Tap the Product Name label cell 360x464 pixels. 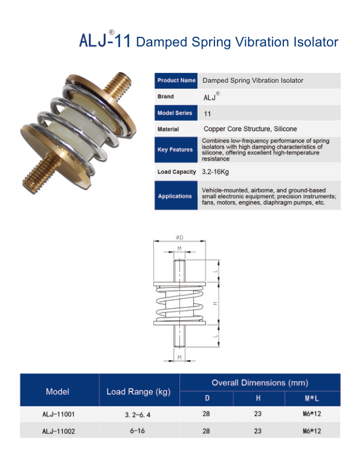coord(176,80)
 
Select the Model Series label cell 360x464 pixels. coord(176,113)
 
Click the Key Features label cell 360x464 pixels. coord(176,150)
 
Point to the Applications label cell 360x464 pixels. coord(176,196)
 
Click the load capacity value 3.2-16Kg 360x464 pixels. coord(215,172)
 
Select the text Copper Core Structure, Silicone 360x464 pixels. coord(250,129)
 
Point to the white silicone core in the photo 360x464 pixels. coord(78,124)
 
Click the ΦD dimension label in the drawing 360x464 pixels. coord(179,238)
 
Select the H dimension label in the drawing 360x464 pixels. coord(216,304)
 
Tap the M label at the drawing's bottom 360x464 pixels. coord(179,357)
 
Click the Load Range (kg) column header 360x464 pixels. coord(139,392)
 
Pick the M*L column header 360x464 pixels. coord(312,399)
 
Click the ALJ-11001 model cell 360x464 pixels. coord(59,415)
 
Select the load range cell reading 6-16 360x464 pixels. coord(138,431)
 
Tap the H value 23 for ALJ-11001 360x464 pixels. coord(258,414)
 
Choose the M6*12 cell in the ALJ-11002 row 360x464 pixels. coord(312,431)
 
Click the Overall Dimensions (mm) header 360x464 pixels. coord(260,383)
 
